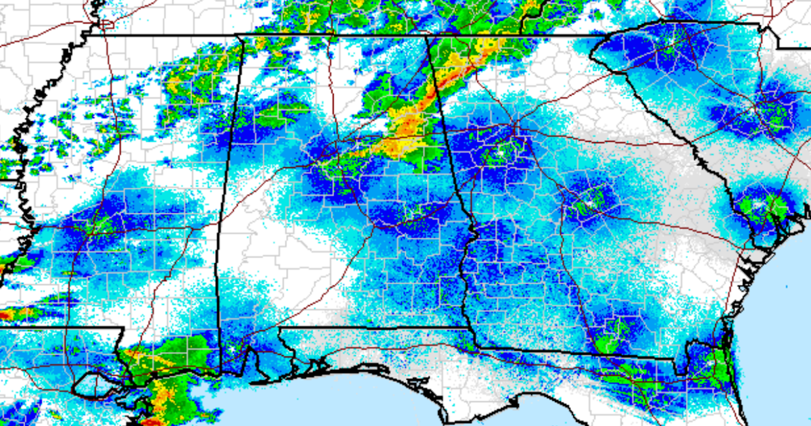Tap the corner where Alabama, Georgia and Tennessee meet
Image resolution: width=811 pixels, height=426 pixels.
(x=427, y=35)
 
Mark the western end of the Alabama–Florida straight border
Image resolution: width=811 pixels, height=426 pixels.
(x=279, y=329)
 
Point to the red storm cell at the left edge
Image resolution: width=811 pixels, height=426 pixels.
(x=9, y=314)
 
